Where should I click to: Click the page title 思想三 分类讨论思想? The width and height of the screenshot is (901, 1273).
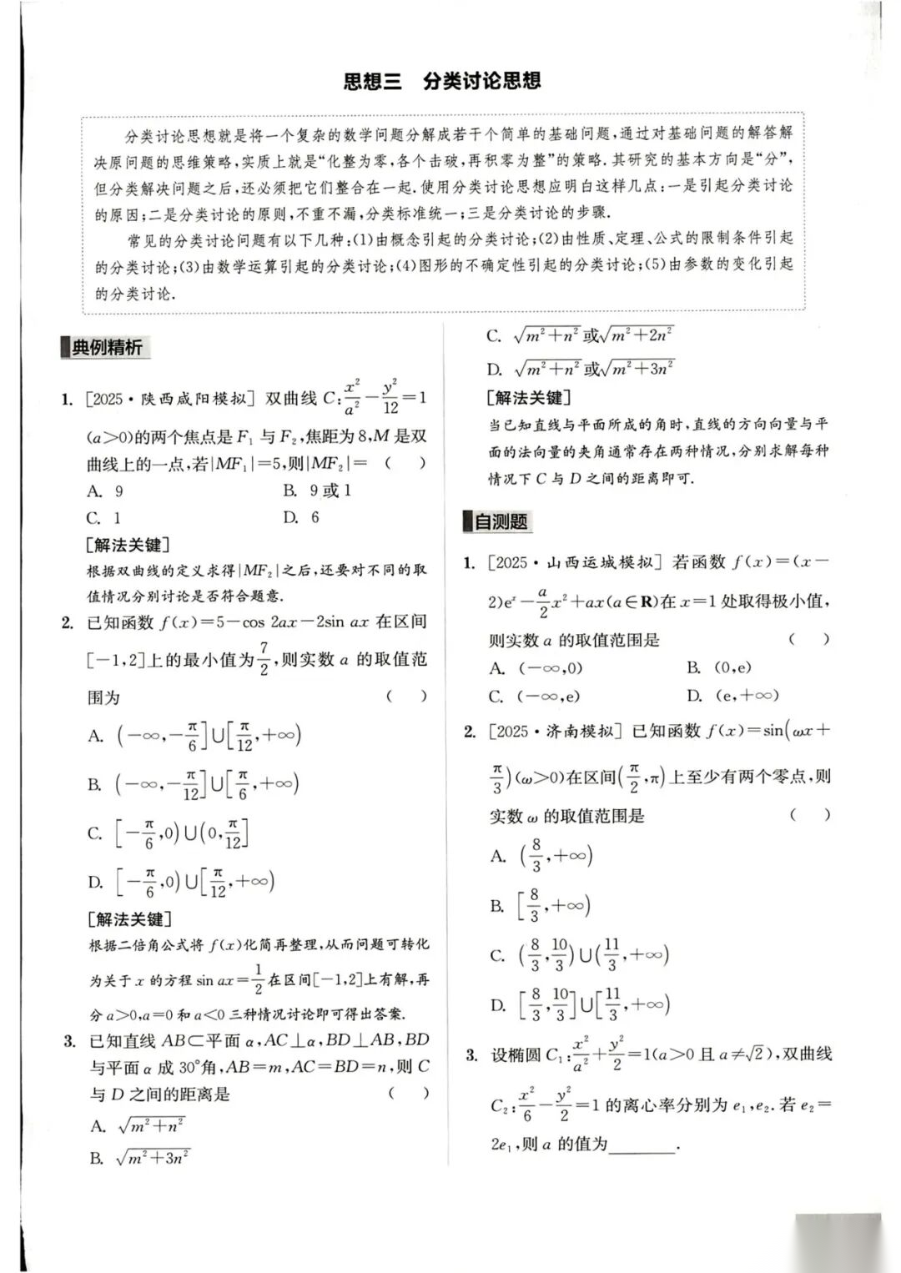coord(442,81)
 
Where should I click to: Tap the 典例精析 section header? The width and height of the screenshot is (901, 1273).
coord(106,347)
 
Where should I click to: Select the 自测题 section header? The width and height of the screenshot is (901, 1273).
coord(501,521)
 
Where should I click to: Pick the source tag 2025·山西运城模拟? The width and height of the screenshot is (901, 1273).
coord(575,562)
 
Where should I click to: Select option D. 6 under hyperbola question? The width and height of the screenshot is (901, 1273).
coord(301,517)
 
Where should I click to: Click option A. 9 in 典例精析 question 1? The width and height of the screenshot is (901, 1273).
coord(106,491)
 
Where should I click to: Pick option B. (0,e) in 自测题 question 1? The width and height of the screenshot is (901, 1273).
coord(719,667)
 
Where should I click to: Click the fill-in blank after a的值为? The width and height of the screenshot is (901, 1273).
coord(642,1145)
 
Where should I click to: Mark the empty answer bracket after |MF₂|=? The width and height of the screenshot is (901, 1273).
coord(405,463)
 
